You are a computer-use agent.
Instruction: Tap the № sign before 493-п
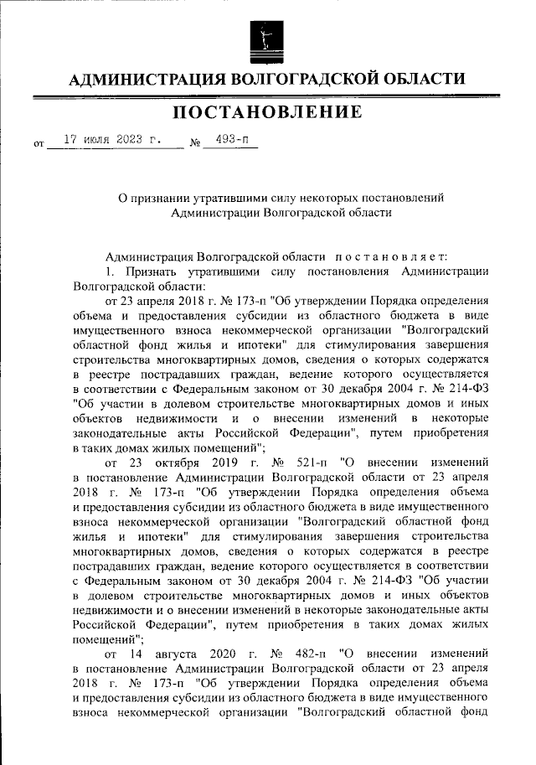pos(196,142)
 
